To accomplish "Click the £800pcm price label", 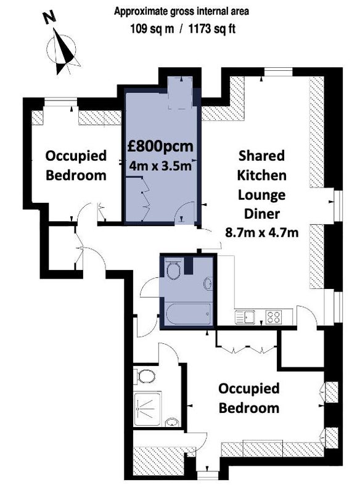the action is pyautogui.click(x=160, y=147).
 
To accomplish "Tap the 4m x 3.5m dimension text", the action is pyautogui.click(x=160, y=166).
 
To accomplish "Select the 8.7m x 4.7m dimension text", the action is pyautogui.click(x=262, y=233).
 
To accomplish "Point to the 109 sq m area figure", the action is pyautogui.click(x=152, y=29).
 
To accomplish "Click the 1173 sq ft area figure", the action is pyautogui.click(x=212, y=29).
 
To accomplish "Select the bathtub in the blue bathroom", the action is pyautogui.click(x=189, y=314).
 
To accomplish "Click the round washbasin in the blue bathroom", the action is pyautogui.click(x=208, y=283).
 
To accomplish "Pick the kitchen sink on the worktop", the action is pyautogui.click(x=245, y=317).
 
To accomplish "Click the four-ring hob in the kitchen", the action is pyautogui.click(x=273, y=317).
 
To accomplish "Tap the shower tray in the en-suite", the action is pyautogui.click(x=147, y=409).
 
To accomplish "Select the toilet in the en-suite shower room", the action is pyautogui.click(x=145, y=377).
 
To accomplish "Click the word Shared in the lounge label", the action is pyautogui.click(x=261, y=156).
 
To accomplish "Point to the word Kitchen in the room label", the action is pyautogui.click(x=261, y=175).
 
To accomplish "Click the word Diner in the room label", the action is pyautogui.click(x=262, y=214).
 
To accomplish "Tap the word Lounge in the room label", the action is pyautogui.click(x=261, y=195).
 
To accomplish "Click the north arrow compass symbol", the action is pyautogui.click(x=63, y=51).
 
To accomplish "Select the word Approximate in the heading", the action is pyautogui.click(x=137, y=12).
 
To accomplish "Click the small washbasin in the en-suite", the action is pyautogui.click(x=171, y=422).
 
